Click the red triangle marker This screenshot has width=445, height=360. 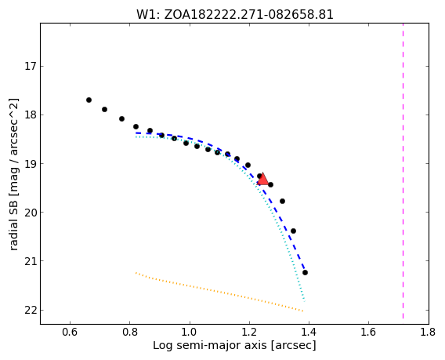(262, 179)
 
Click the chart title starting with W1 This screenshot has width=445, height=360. (235, 14)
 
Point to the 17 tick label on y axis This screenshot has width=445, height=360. (30, 67)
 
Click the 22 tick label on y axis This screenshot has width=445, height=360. (30, 310)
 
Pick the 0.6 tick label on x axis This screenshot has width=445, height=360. (70, 332)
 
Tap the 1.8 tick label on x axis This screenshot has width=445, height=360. (428, 332)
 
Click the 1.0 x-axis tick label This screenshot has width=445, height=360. (190, 332)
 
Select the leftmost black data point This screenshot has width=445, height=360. (89, 100)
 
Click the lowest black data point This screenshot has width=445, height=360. (305, 272)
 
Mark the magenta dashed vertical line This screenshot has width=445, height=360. (403, 171)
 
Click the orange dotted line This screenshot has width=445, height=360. (219, 292)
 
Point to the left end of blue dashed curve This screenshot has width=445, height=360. (136, 133)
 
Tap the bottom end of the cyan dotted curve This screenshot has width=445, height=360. (304, 301)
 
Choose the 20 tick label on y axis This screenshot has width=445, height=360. (30, 213)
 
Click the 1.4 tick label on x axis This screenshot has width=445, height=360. (309, 332)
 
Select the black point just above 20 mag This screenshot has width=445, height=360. (282, 201)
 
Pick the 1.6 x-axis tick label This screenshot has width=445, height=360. (368, 332)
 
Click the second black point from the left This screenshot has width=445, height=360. (104, 109)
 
